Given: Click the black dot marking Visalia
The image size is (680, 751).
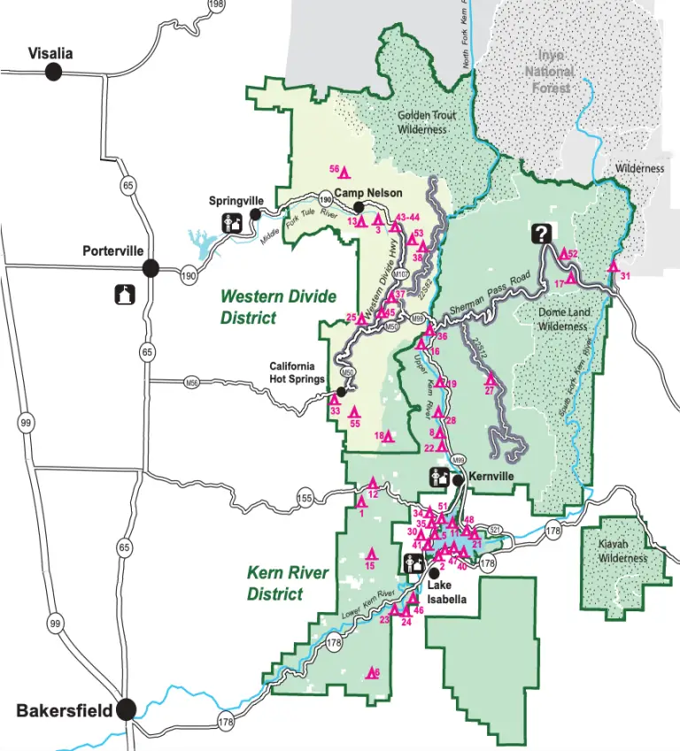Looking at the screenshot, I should [54, 72].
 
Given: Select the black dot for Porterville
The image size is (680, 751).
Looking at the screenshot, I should [151, 267].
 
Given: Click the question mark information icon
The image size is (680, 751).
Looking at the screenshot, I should [542, 234].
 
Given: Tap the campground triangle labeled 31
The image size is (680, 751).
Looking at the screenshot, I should [613, 266].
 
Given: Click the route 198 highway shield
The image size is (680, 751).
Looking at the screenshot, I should [214, 5].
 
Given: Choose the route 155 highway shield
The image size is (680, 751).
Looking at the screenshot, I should [305, 495].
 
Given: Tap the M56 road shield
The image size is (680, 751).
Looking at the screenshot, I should [191, 382].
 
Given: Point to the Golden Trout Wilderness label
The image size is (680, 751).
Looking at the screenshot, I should [421, 122].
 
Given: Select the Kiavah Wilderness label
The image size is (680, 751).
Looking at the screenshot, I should [622, 552].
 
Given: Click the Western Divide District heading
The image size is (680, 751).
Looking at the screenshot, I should [266, 307].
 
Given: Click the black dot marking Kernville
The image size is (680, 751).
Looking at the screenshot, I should [458, 480].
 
